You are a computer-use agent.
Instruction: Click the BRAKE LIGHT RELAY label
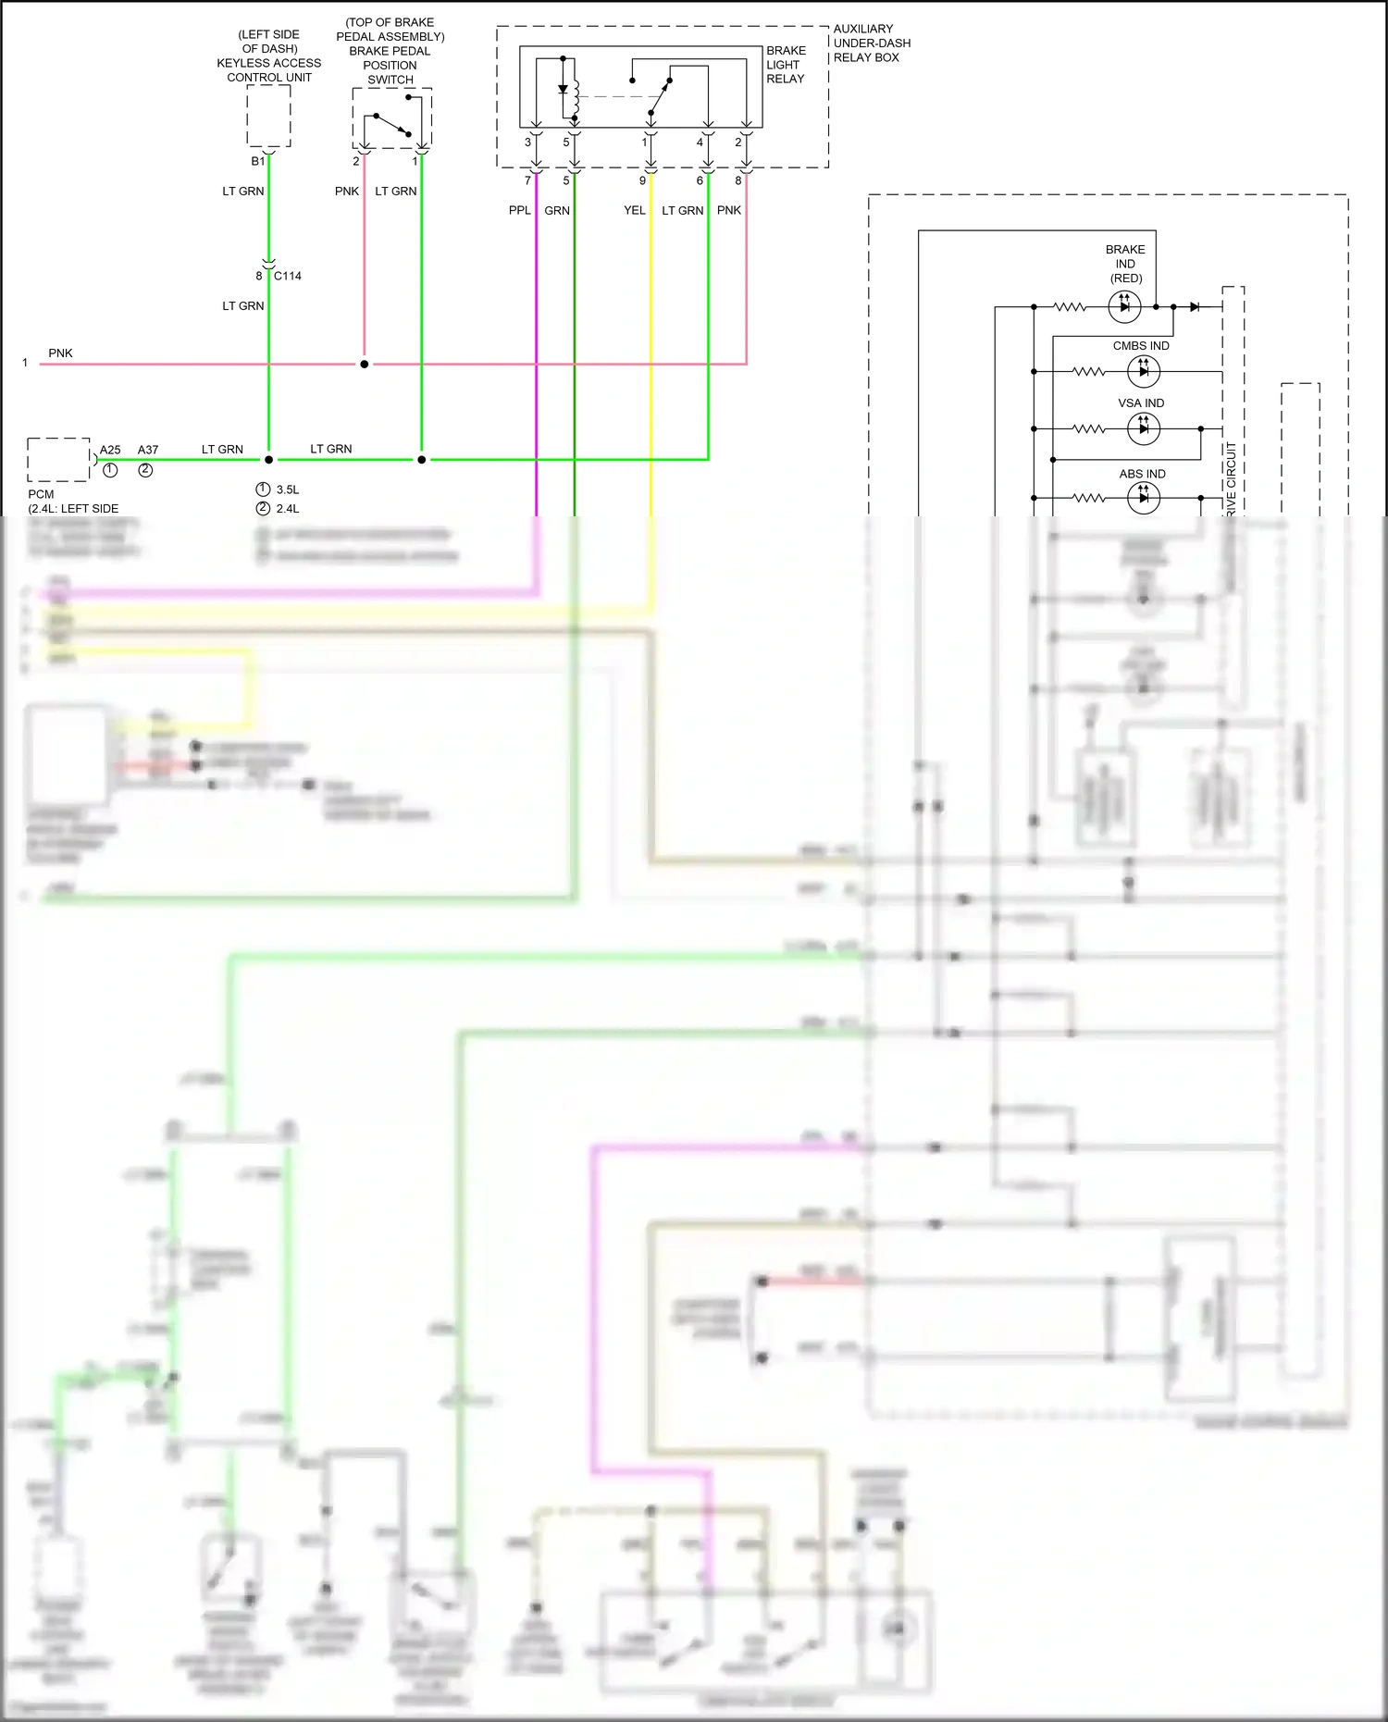(x=786, y=65)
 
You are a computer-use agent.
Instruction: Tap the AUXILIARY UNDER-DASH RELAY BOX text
(x=872, y=43)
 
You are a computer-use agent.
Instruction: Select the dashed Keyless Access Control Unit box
(x=268, y=116)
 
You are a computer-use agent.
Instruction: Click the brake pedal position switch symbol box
(x=391, y=118)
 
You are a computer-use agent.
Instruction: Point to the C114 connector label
(x=288, y=276)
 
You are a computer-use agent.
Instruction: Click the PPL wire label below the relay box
(x=520, y=211)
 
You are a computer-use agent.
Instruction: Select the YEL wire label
(x=635, y=211)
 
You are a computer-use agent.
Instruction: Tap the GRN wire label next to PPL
(x=557, y=211)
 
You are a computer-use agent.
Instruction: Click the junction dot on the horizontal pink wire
(x=365, y=364)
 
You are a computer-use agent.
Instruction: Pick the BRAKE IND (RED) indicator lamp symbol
(x=1124, y=306)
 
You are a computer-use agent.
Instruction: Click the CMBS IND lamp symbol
(x=1144, y=371)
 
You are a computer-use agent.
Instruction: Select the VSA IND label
(x=1141, y=403)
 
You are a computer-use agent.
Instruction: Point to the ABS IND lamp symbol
(x=1144, y=498)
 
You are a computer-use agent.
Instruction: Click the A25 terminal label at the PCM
(x=110, y=450)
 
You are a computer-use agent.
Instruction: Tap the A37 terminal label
(x=148, y=450)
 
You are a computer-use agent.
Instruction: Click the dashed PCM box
(x=58, y=460)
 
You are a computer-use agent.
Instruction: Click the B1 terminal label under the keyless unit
(x=258, y=161)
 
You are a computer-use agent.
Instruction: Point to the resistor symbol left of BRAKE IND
(x=1071, y=306)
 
